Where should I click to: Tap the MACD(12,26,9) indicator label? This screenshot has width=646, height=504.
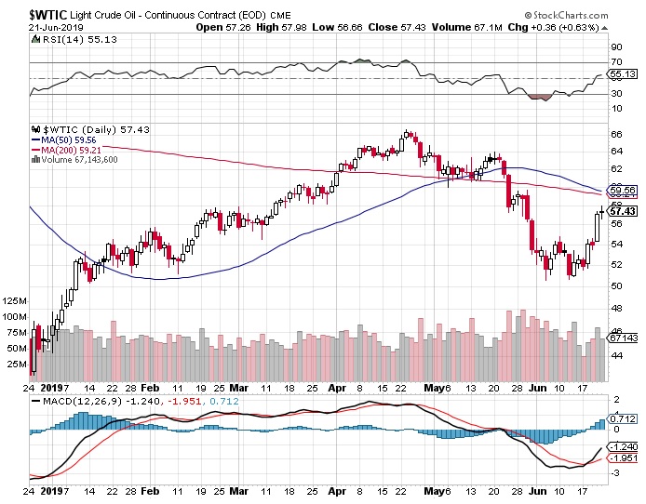(71, 401)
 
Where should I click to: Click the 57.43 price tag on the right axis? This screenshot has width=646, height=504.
(621, 211)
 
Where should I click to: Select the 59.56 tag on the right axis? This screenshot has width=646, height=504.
(621, 190)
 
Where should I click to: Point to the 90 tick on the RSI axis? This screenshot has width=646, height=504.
(615, 46)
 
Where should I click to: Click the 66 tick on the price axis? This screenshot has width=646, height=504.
(615, 135)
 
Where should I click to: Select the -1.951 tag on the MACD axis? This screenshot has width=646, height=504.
(622, 458)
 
